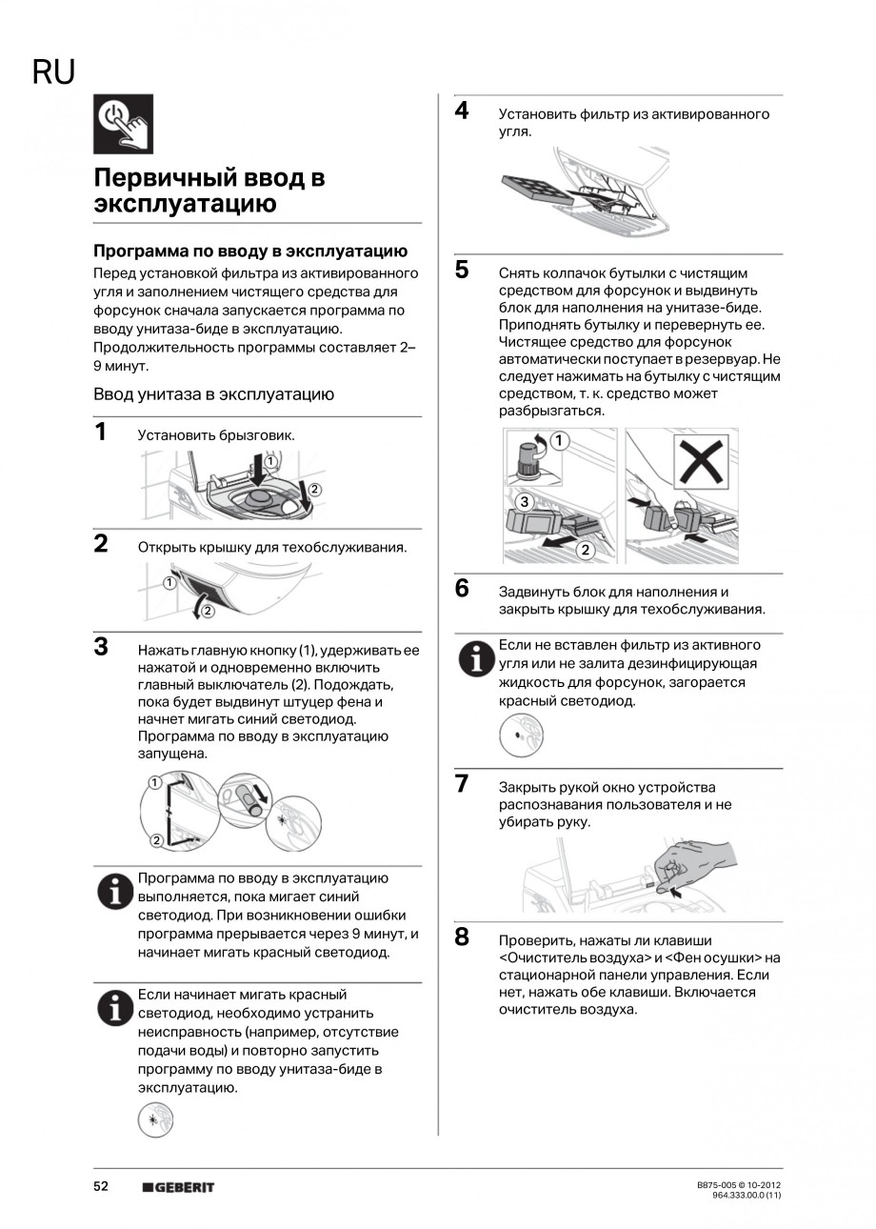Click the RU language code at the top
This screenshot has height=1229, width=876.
coord(53,73)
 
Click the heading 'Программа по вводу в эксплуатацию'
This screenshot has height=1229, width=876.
coord(249,252)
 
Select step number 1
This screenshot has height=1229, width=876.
coord(101,433)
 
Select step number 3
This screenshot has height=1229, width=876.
coord(101,648)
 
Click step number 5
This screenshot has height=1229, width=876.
coord(462,271)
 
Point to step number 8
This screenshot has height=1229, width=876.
coord(462,938)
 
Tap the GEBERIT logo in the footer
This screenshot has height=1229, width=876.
coord(178,1187)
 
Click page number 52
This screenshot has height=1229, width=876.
coord(101,1187)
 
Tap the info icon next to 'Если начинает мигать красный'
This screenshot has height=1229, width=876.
coord(115,1007)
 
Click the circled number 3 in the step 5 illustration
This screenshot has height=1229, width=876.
coord(523,501)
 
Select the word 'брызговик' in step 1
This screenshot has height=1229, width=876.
coord(263,435)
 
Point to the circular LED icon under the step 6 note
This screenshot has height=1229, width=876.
coord(521,735)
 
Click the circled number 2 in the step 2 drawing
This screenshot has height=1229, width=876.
coord(207,612)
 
